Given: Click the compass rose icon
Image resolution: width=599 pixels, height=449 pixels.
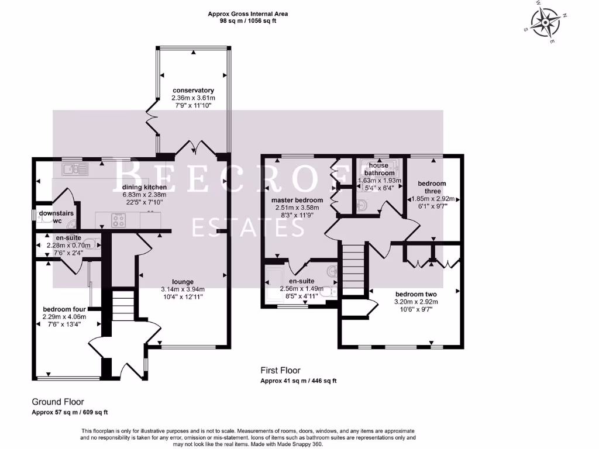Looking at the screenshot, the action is click(546, 23).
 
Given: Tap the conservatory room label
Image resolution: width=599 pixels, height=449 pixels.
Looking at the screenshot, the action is click(193, 91).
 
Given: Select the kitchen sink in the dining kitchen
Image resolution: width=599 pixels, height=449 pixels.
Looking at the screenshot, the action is click(75, 169).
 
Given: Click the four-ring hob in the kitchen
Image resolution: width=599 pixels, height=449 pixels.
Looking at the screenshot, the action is click(118, 220).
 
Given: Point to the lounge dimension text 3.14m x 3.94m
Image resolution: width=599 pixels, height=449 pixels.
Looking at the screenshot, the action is click(183, 289).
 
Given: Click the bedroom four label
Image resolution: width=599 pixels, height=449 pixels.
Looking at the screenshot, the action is click(64, 309).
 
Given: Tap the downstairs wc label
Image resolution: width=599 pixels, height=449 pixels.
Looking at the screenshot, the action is click(56, 217).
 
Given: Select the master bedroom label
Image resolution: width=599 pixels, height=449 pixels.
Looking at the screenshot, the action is click(297, 200).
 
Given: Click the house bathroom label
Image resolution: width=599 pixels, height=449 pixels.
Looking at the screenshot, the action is click(379, 169).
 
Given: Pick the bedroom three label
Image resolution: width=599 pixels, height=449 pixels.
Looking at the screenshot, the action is click(432, 188).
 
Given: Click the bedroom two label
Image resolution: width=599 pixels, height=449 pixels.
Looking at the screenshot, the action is click(416, 295).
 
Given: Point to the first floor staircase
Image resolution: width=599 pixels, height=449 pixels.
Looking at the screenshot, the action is click(353, 270).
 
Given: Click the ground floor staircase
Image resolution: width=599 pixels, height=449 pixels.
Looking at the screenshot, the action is click(123, 305).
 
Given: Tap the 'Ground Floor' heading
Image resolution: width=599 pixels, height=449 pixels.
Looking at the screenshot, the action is click(58, 402).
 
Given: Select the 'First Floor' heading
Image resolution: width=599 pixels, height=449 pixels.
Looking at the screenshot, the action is click(280, 370).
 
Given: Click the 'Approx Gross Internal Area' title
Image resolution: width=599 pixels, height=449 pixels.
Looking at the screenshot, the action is click(248, 14).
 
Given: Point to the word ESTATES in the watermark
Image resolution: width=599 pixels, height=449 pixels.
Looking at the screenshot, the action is click(248, 227).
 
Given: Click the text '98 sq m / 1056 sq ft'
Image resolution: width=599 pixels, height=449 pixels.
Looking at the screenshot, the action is click(248, 21).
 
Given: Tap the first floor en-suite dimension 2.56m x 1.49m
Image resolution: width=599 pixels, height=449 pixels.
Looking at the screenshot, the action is click(302, 289).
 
